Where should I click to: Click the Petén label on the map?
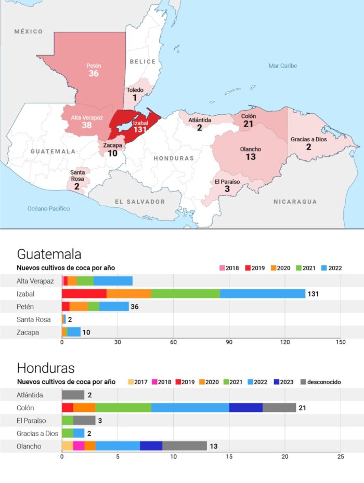click(x=94, y=66)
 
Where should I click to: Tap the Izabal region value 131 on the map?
click(x=140, y=130)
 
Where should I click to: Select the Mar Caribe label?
click(x=283, y=66)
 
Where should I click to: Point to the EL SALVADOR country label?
click(x=140, y=202)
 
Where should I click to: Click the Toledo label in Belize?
click(x=135, y=90)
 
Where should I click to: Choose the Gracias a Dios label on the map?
click(x=308, y=139)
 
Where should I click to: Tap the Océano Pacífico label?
click(x=48, y=208)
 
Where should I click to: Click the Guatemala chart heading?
click(x=49, y=254)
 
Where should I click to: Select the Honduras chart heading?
click(x=46, y=368)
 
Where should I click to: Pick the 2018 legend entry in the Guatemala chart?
click(x=228, y=268)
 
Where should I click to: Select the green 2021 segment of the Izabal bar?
click(x=186, y=294)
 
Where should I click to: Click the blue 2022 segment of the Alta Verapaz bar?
click(x=113, y=281)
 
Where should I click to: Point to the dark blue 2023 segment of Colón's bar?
click(x=246, y=408)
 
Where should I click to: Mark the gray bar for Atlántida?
click(x=73, y=395)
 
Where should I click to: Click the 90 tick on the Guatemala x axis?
click(x=229, y=343)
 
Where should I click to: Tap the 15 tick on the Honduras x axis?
click(x=229, y=457)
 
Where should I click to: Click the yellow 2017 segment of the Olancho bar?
click(x=67, y=446)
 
